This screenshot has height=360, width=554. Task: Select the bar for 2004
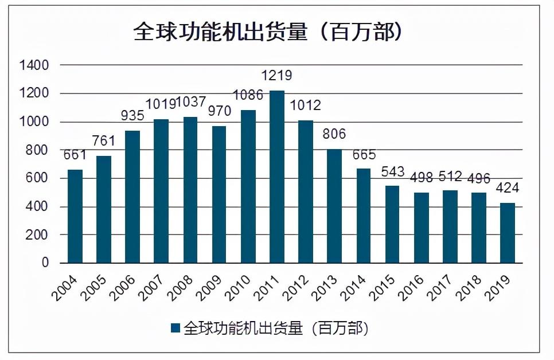click(x=75, y=216)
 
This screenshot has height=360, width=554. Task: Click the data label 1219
click(x=277, y=76)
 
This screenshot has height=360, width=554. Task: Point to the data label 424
click(x=506, y=189)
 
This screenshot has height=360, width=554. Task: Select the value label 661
click(x=75, y=155)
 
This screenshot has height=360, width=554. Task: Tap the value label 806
click(x=335, y=135)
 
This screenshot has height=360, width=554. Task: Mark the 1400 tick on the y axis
click(x=34, y=65)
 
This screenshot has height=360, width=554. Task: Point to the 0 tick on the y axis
click(x=45, y=263)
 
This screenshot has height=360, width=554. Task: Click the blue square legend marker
click(x=176, y=328)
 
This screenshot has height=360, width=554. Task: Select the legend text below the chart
click(x=275, y=328)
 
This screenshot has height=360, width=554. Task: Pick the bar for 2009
click(x=219, y=194)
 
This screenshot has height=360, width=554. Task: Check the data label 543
click(x=392, y=171)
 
